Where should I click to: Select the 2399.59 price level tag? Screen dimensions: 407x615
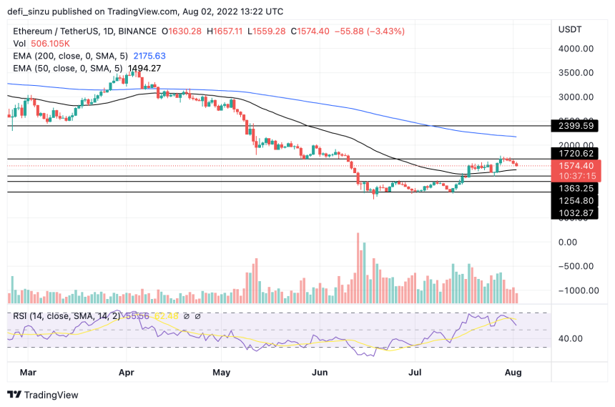tap(577, 125)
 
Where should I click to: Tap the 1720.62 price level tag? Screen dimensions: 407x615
tap(577, 153)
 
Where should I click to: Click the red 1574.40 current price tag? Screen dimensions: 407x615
tap(577, 165)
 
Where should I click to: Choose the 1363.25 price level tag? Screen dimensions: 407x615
tap(577, 188)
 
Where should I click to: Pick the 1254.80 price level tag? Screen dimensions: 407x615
tap(577, 201)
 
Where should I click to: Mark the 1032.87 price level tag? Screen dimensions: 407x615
tap(577, 213)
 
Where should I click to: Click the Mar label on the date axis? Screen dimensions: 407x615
tap(27, 373)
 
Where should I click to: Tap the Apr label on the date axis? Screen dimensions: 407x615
tap(127, 373)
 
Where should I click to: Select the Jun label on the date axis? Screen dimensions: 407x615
tap(320, 373)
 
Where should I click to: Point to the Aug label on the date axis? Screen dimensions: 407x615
tap(513, 373)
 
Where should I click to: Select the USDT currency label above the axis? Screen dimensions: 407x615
tap(571, 29)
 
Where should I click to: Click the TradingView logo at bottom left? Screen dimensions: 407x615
tap(43, 394)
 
